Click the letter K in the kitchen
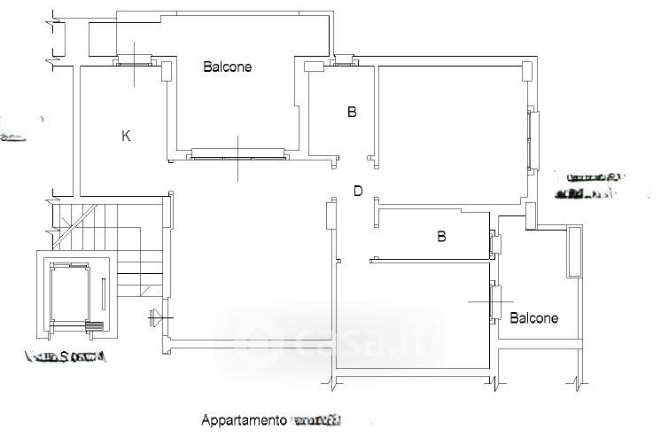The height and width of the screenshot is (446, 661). pos(126,136)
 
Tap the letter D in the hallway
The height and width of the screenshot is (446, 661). pos(358,191)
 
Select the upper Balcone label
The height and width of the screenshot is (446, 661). pos(228,67)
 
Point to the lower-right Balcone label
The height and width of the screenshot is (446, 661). pos(534,317)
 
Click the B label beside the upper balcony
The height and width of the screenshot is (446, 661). pos(352,113)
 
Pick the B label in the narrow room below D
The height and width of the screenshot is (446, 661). pos(441,237)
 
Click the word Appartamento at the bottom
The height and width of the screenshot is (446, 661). pos(245,419)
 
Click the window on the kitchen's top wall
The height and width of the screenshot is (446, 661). pos(136,62)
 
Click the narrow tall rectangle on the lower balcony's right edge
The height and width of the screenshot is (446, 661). pos(575,250)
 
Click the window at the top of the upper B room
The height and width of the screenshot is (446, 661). pos(343,62)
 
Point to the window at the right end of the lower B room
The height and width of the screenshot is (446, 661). pos(494,241)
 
